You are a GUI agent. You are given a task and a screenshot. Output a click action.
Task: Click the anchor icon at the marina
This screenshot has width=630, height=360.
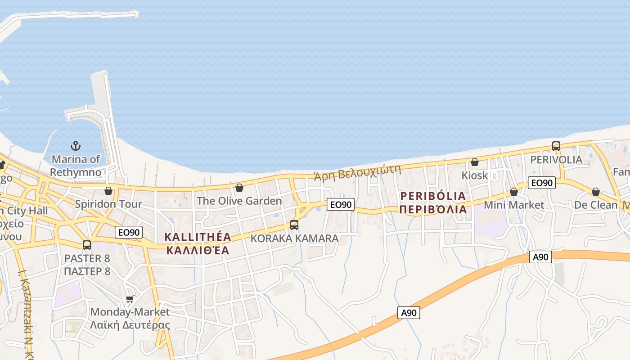tap(76, 146)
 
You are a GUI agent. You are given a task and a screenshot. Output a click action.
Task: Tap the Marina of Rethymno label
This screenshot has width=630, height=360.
tap(76, 166)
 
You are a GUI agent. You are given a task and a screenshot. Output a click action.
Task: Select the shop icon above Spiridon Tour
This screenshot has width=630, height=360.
tap(108, 191)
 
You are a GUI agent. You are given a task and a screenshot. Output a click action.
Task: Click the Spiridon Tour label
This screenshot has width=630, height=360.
tap(108, 204)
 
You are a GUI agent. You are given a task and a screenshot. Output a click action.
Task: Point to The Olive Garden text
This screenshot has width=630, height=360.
tap(239, 201)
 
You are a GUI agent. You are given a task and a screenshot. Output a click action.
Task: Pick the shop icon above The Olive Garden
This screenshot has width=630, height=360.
tap(239, 188)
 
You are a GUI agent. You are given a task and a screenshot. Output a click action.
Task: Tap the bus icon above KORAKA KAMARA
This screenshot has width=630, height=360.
tap(294, 225)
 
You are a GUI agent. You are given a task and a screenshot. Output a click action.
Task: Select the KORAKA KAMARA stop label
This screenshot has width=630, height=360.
tap(294, 238)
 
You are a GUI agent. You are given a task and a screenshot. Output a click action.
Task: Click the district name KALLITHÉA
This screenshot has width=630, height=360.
tap(198, 237)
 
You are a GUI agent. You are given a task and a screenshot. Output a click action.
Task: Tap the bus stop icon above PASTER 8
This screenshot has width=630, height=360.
tap(87, 245)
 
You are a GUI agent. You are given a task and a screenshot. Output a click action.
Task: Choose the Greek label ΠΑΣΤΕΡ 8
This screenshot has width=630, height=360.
tap(87, 271)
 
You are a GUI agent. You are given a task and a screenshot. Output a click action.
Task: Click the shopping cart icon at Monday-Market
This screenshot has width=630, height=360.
tap(130, 299)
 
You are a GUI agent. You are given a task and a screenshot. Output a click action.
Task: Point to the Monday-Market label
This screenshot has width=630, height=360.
tap(130, 312)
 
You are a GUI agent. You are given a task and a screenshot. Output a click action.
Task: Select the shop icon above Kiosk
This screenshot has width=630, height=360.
tap(475, 162)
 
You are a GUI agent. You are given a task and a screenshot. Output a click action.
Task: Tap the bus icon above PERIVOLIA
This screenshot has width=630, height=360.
tap(556, 146)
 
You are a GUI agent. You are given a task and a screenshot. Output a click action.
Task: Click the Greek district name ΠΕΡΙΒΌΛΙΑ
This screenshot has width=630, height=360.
tap(432, 209)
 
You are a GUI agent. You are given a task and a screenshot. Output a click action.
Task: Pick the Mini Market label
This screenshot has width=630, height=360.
tap(514, 205)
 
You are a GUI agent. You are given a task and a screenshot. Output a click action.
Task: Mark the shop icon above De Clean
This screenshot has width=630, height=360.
tap(596, 192)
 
